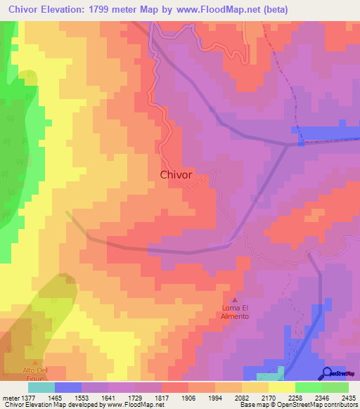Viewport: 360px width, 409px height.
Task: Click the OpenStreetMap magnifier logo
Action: coord(328,373)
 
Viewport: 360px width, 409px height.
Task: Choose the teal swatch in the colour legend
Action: coord(41,387)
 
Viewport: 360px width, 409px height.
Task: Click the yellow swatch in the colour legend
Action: coord(281,387)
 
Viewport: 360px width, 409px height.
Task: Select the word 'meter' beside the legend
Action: coord(11,397)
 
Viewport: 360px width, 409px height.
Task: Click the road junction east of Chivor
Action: coord(288,145)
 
